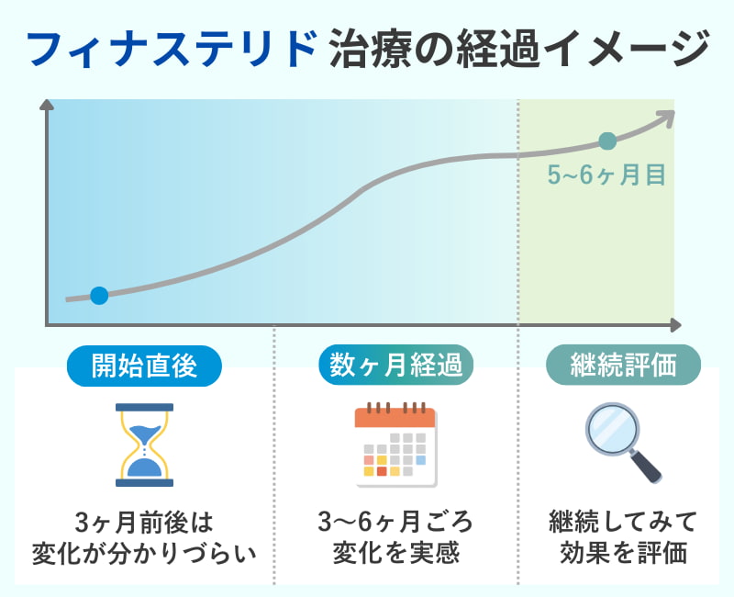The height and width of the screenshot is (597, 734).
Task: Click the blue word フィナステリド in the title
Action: coord(172,48)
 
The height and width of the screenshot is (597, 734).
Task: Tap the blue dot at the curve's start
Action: coord(100,295)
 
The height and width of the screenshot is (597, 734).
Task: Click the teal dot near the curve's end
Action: coord(606,141)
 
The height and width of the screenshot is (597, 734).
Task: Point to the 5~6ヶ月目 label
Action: coord(606,175)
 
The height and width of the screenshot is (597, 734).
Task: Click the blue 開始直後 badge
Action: coord(145,366)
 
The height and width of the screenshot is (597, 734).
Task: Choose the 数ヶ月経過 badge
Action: coord(396,366)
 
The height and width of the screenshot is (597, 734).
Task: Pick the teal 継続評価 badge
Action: coord(624,366)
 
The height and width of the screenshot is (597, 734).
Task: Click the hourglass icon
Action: coord(143,445)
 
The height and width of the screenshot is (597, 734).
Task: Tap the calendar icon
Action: coord(395,445)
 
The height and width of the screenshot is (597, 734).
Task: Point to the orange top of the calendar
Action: coord(395,416)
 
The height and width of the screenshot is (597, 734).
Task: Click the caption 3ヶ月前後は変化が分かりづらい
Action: coord(143,538)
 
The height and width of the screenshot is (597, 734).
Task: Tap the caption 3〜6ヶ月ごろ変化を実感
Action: coord(395,538)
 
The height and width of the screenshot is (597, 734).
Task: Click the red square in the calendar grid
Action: coord(382,471)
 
